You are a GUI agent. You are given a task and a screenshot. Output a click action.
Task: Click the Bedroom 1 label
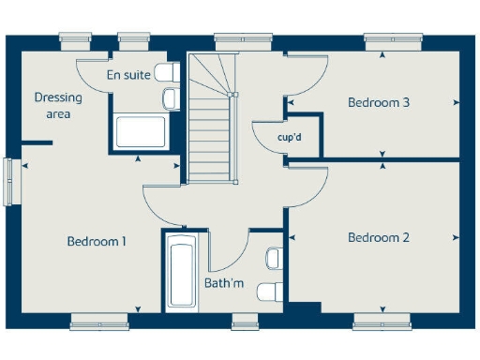97,242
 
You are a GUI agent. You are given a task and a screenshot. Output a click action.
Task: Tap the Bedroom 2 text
378,238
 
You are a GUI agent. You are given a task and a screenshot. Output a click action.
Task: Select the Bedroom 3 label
378,102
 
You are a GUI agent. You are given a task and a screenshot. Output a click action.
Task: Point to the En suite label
127,75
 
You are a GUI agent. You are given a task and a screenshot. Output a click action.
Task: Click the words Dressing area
58,105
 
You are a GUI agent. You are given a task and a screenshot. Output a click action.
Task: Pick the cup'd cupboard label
289,137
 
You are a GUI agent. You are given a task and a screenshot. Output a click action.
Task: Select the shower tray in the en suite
141,131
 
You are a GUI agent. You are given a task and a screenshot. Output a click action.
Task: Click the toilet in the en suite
167,72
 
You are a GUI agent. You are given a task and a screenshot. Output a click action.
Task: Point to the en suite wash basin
172,97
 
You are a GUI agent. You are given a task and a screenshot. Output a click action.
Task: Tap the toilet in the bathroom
271,289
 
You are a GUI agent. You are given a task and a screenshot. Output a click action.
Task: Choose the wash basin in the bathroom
274,258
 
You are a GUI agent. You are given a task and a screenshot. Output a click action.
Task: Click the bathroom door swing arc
231,253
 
